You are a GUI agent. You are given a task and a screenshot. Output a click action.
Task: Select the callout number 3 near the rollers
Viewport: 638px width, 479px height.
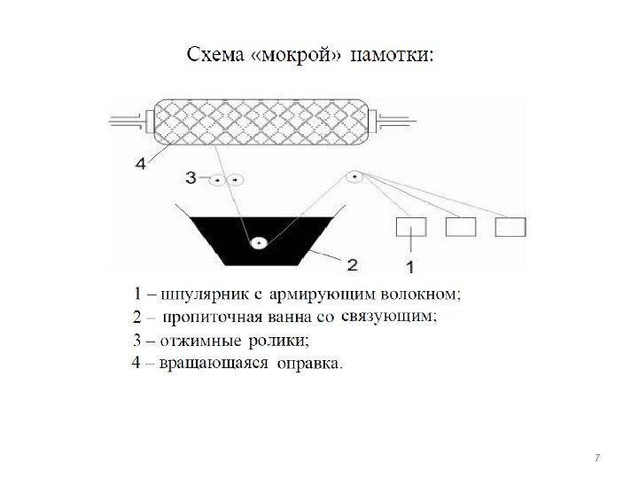(x=191, y=177)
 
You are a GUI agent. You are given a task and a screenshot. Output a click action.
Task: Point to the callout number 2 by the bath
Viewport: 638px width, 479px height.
(x=352, y=263)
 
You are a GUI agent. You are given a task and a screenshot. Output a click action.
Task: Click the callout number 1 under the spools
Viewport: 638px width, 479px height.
(x=410, y=264)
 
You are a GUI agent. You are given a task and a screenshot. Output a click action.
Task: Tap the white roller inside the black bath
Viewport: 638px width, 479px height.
(x=259, y=241)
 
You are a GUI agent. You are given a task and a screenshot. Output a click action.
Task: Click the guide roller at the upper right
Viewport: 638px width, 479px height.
(x=354, y=177)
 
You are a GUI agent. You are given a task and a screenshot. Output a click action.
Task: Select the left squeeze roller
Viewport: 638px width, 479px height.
(x=215, y=179)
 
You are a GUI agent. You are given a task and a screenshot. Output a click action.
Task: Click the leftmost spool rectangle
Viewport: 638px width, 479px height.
(x=410, y=227)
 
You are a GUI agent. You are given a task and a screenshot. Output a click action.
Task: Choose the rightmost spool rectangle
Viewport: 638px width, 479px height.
(x=510, y=227)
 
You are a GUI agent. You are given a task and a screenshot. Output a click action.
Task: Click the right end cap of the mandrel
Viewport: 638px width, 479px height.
(x=376, y=116)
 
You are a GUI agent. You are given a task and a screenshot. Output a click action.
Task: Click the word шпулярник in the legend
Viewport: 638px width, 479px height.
(x=198, y=292)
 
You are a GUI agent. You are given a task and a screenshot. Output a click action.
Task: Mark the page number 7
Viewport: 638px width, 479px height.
(x=597, y=458)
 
